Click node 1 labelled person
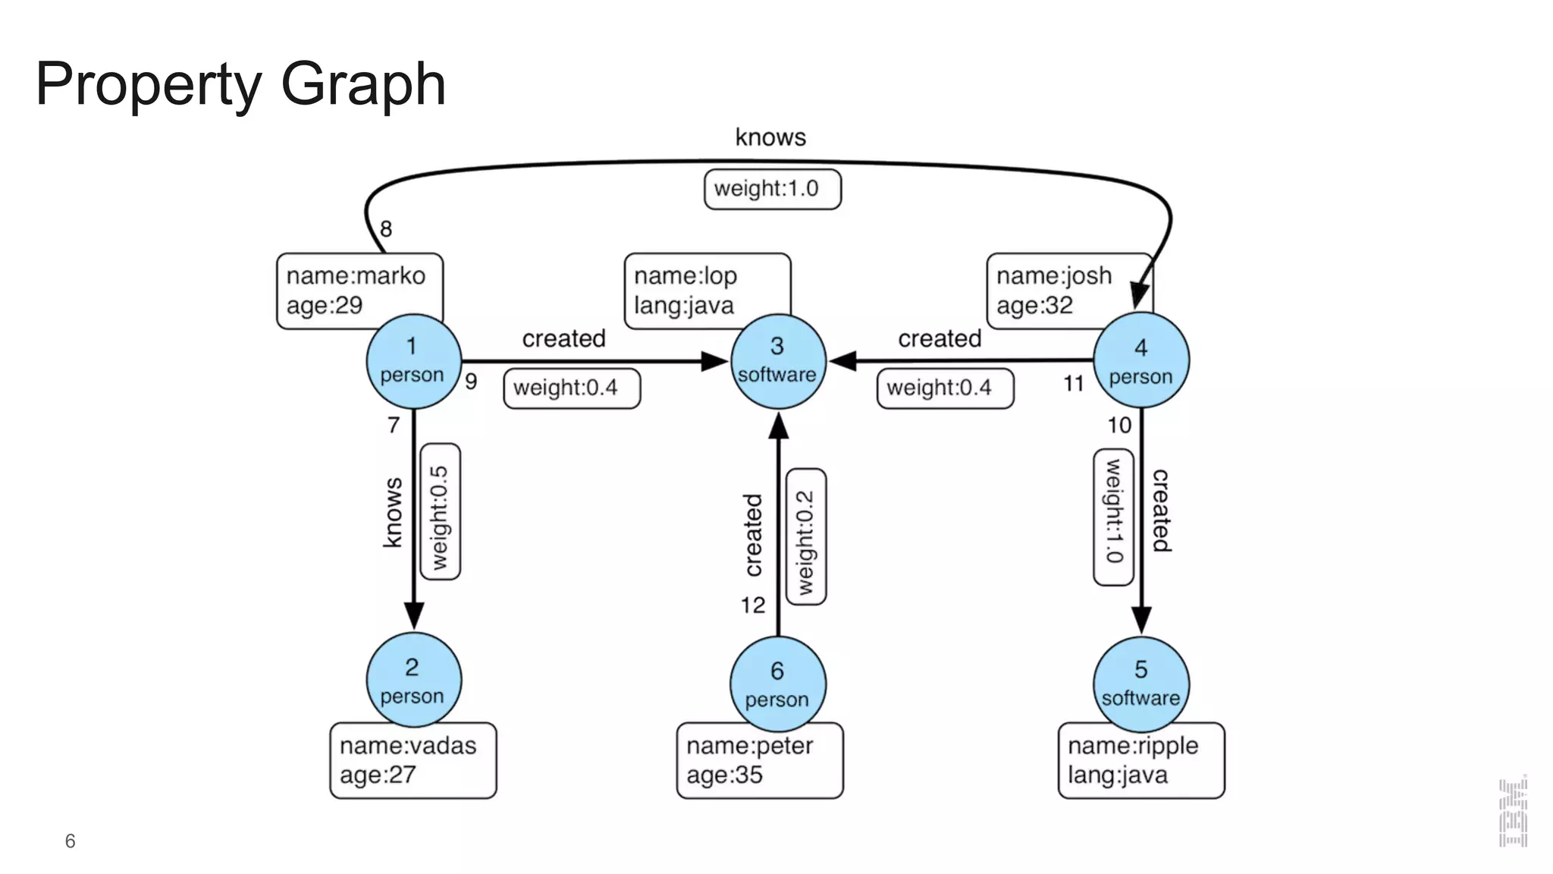tap(413, 361)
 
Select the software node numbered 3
tap(778, 361)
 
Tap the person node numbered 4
tap(1141, 361)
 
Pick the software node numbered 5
tap(1141, 684)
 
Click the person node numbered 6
tap(778, 684)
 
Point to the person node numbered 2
tap(413, 680)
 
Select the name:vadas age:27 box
tap(413, 761)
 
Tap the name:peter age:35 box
tap(760, 761)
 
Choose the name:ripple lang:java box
tap(1141, 761)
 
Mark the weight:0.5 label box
tap(441, 512)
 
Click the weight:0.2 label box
tap(806, 537)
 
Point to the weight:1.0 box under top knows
tap(772, 189)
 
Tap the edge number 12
tap(753, 605)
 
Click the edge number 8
tap(386, 229)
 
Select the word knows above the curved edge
tap(770, 137)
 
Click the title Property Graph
tap(241, 83)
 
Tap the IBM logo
tap(1513, 812)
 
